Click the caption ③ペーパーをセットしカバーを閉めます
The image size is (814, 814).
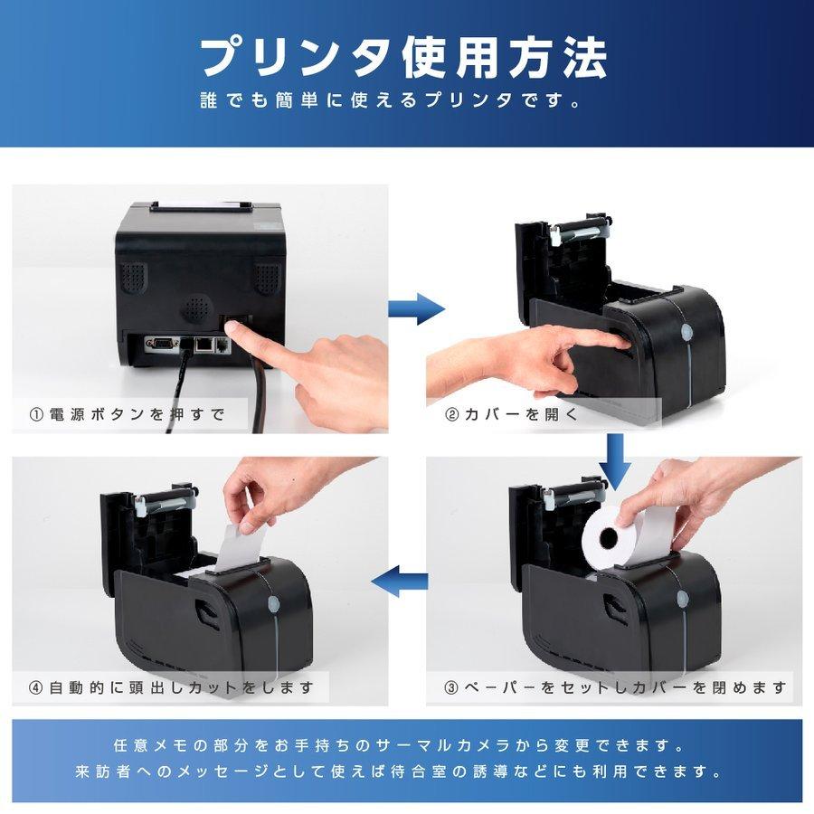point(615,687)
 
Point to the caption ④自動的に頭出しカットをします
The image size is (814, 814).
point(172,687)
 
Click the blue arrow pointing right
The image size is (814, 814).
point(415,308)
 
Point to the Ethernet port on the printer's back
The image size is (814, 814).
point(204,345)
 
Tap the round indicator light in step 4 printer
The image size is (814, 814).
point(274,604)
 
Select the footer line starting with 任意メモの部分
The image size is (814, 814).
point(406,747)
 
